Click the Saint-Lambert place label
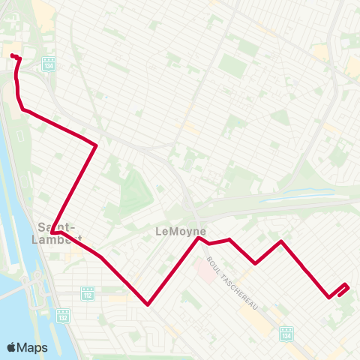(56, 232)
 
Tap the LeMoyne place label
(180, 232)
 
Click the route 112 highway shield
(88, 292)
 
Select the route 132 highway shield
(62, 315)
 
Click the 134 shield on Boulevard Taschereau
(286, 331)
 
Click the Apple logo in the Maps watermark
(12, 347)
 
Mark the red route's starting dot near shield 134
(13, 55)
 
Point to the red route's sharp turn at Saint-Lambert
(53, 233)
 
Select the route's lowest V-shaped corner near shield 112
(148, 304)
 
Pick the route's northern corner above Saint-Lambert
(96, 145)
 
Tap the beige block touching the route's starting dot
(10, 46)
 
